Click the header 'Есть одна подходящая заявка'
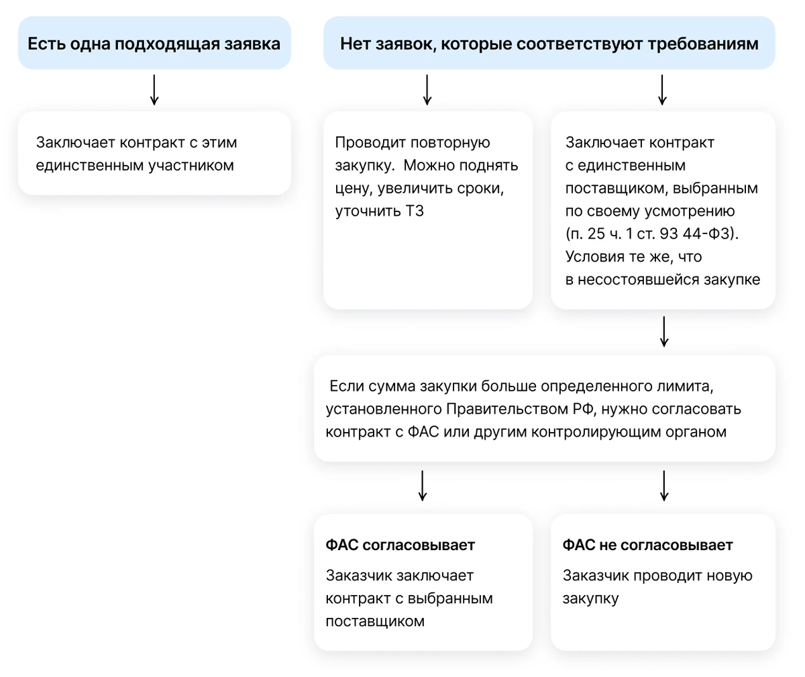[x=154, y=44]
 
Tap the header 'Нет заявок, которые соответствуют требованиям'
[x=549, y=44]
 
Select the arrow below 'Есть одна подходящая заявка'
[x=154, y=90]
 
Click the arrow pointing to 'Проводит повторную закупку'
[x=427, y=90]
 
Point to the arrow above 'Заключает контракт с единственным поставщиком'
[x=662, y=90]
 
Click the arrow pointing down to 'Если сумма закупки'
[x=664, y=331]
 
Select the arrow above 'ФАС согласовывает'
[x=422, y=486]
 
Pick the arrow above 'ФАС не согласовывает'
[x=664, y=486]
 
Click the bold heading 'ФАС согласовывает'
[x=400, y=545]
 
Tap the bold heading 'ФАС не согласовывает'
[x=648, y=545]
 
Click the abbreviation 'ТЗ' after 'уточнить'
[x=415, y=211]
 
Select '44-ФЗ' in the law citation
[x=706, y=233]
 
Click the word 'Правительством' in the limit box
[x=507, y=409]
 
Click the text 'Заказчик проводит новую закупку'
[x=657, y=587]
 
